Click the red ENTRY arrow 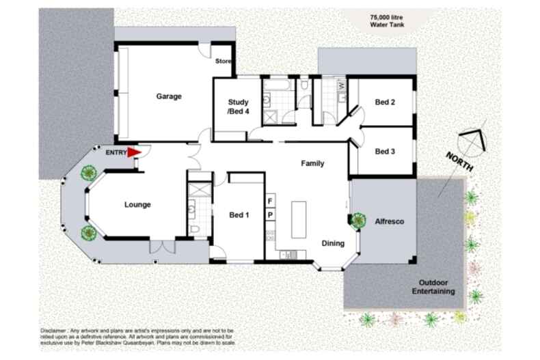pos(134,154)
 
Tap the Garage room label pos(169,96)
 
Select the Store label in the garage pos(224,61)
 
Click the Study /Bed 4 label pos(238,107)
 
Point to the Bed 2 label pos(385,102)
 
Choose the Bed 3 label pos(385,152)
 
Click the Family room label pos(312,164)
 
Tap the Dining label pos(333,243)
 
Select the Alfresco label pos(389,221)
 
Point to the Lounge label pos(137,204)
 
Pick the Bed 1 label pos(239,216)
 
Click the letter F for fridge pos(270,201)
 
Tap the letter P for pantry pos(270,215)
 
